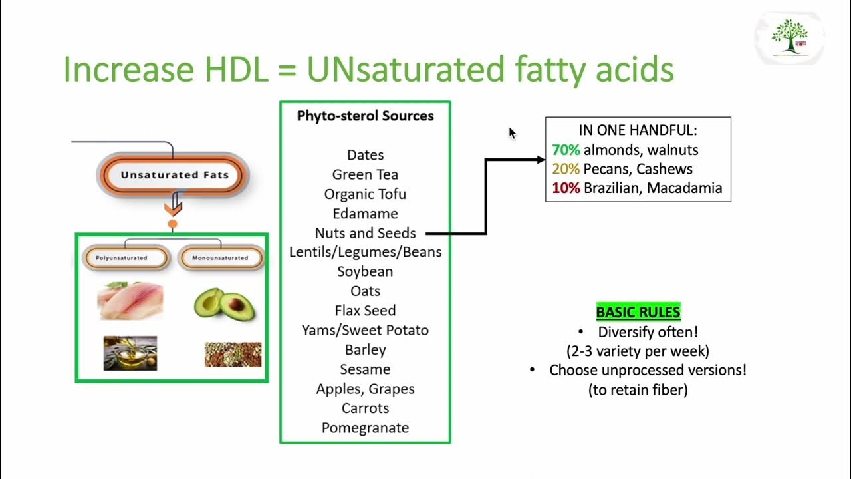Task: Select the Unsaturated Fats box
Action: point(174,175)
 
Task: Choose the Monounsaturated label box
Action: point(220,258)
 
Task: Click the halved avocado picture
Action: point(221,303)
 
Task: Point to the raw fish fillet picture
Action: point(130,301)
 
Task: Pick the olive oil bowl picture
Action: point(130,353)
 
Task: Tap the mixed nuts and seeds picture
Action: point(233,354)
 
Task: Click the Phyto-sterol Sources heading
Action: point(365,116)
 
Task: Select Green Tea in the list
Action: point(365,174)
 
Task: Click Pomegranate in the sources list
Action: point(365,428)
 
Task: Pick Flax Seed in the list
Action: point(365,311)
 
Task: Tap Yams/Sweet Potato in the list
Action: point(365,330)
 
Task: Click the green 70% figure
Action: point(566,150)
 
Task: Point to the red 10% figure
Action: point(566,188)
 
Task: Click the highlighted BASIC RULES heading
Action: point(638,312)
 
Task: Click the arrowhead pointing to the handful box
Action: point(540,160)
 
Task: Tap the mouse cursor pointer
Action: point(512,133)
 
